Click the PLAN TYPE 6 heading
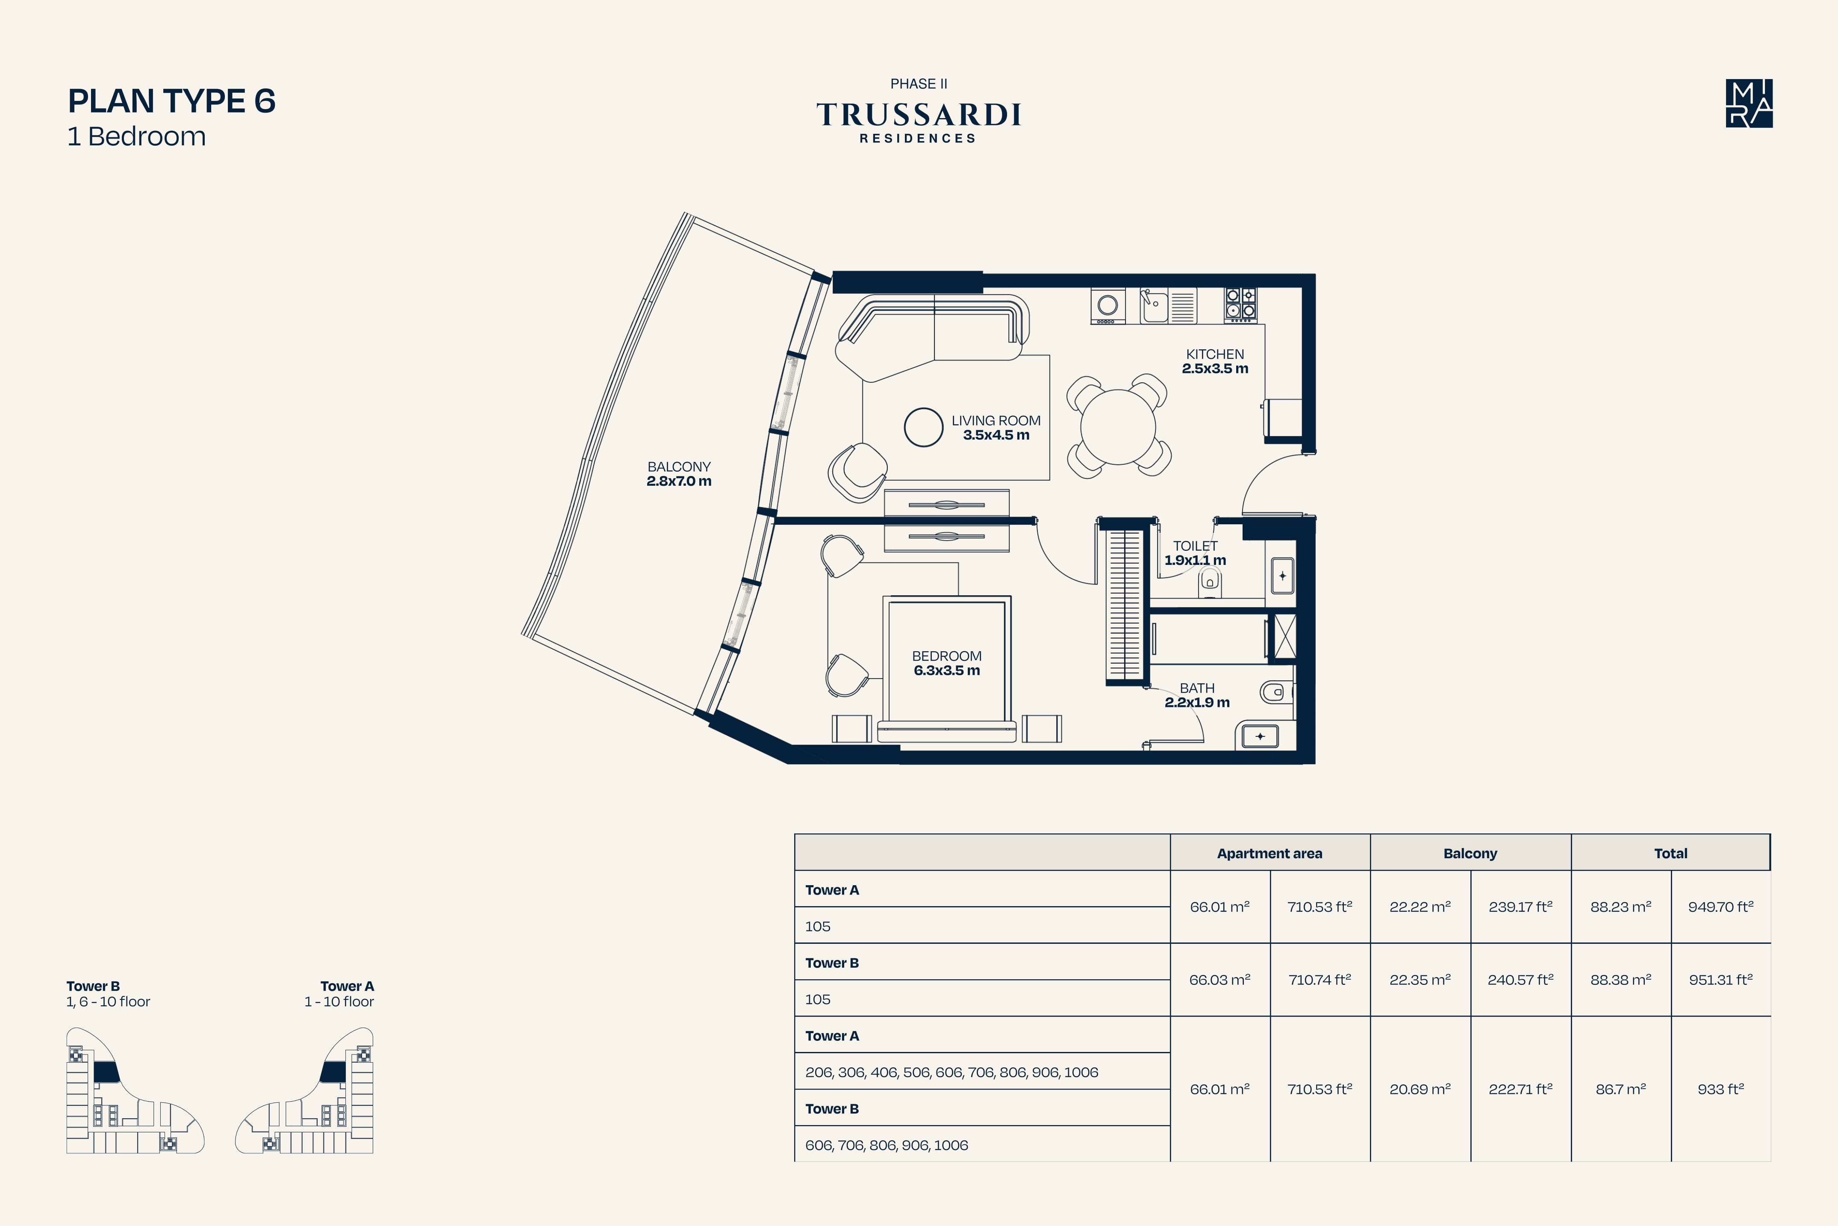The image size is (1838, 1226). pos(172,101)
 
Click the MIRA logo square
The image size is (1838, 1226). pos(1749,103)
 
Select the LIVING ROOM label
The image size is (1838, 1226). pos(996,421)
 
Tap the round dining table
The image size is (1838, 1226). pos(1118,427)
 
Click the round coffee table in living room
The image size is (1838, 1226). pos(924,428)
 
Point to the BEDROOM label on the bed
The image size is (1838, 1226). pos(946,656)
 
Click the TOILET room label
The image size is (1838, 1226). pos(1195,546)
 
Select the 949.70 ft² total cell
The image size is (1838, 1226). pos(1721,907)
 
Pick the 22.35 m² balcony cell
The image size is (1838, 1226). pos(1420,980)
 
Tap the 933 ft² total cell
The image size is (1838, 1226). pos(1721,1089)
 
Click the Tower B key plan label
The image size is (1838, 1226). pos(93,987)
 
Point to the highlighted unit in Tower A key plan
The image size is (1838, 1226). pos(334,1072)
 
